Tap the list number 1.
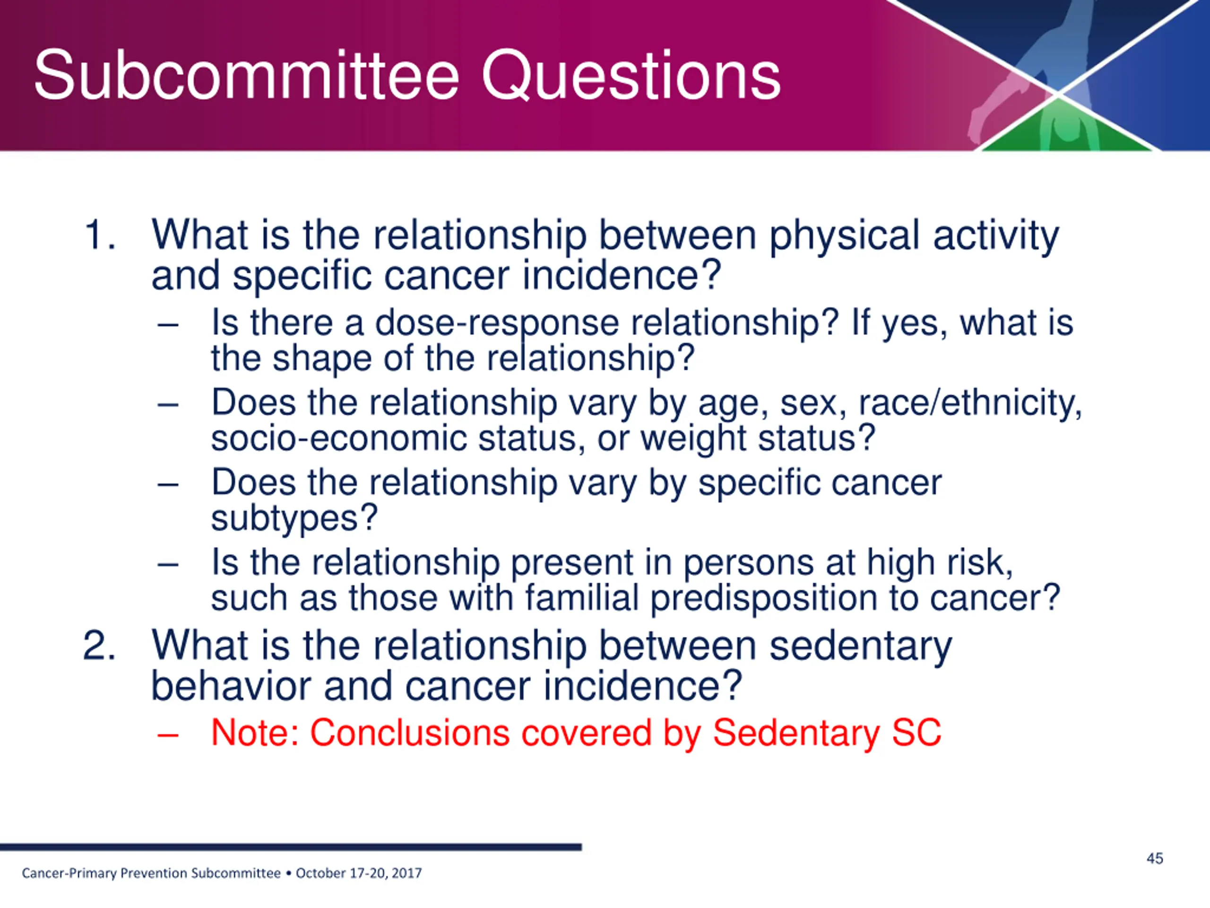click(x=100, y=236)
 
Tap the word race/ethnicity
click(x=970, y=403)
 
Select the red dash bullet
click(x=167, y=735)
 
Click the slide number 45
click(x=1155, y=858)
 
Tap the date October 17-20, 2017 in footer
click(x=359, y=873)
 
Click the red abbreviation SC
click(x=916, y=732)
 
